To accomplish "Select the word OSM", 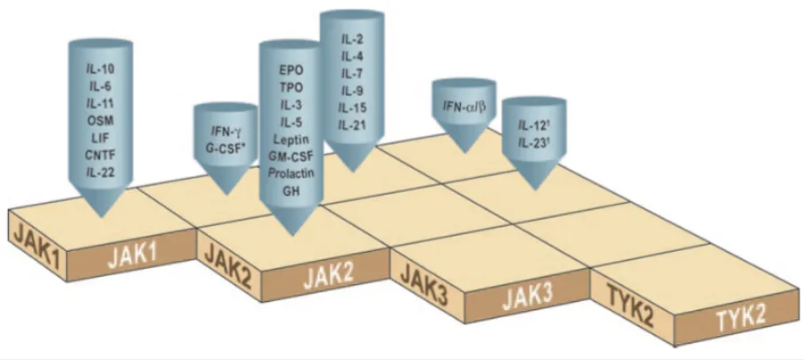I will (x=101, y=120).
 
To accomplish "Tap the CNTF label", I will (x=101, y=153).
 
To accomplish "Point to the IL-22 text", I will (x=101, y=170).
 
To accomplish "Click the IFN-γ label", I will (x=225, y=130).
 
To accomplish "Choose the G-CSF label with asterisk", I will (x=226, y=147).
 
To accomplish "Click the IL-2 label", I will (x=352, y=41).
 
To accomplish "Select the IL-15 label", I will (x=352, y=108).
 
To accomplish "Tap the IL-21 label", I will (x=352, y=125).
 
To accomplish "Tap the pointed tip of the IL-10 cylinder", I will (x=101, y=215).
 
